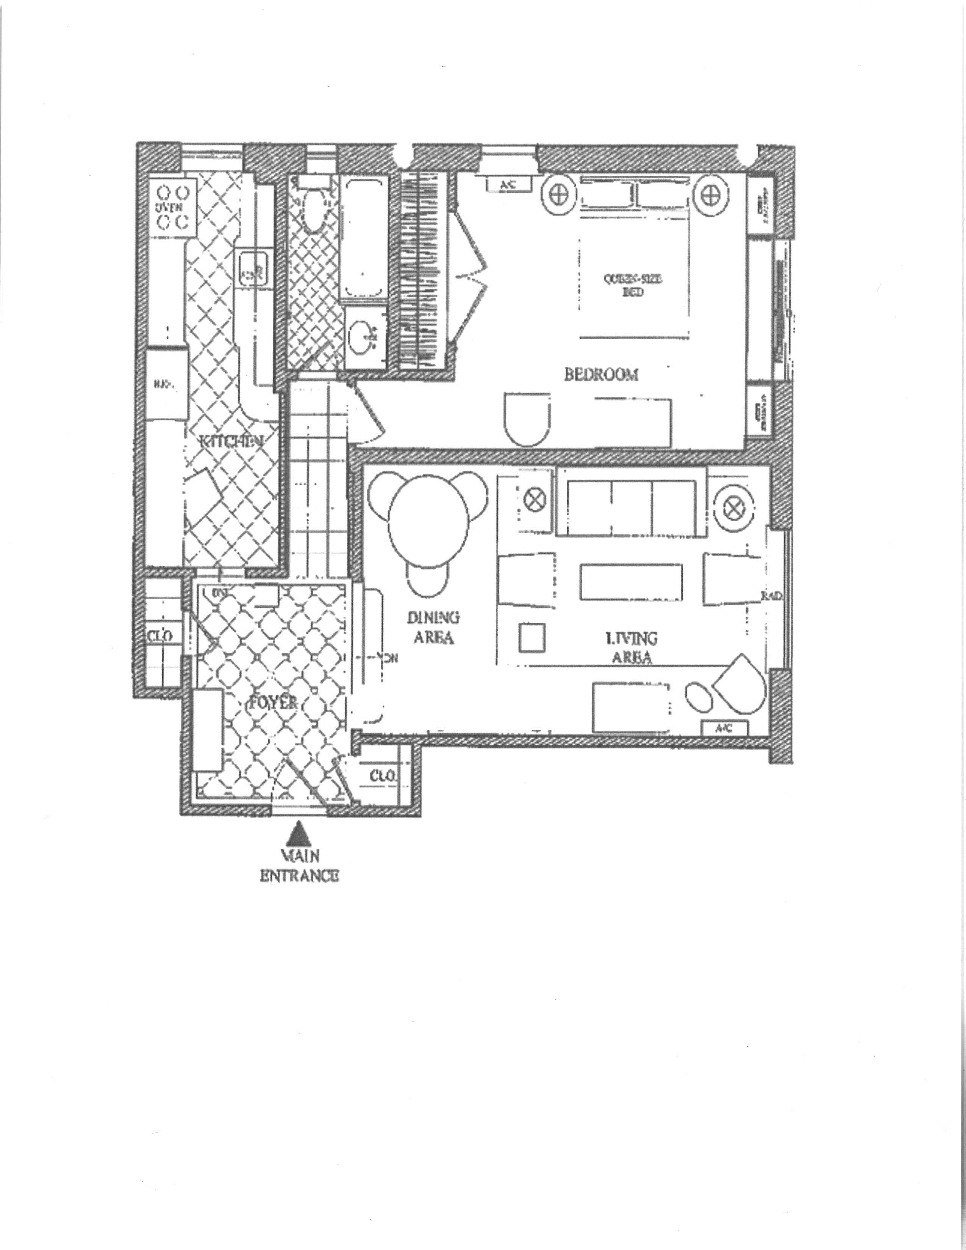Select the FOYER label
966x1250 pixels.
[x=272, y=702]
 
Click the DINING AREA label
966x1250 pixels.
[x=433, y=627]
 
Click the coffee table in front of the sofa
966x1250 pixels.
[x=631, y=582]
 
